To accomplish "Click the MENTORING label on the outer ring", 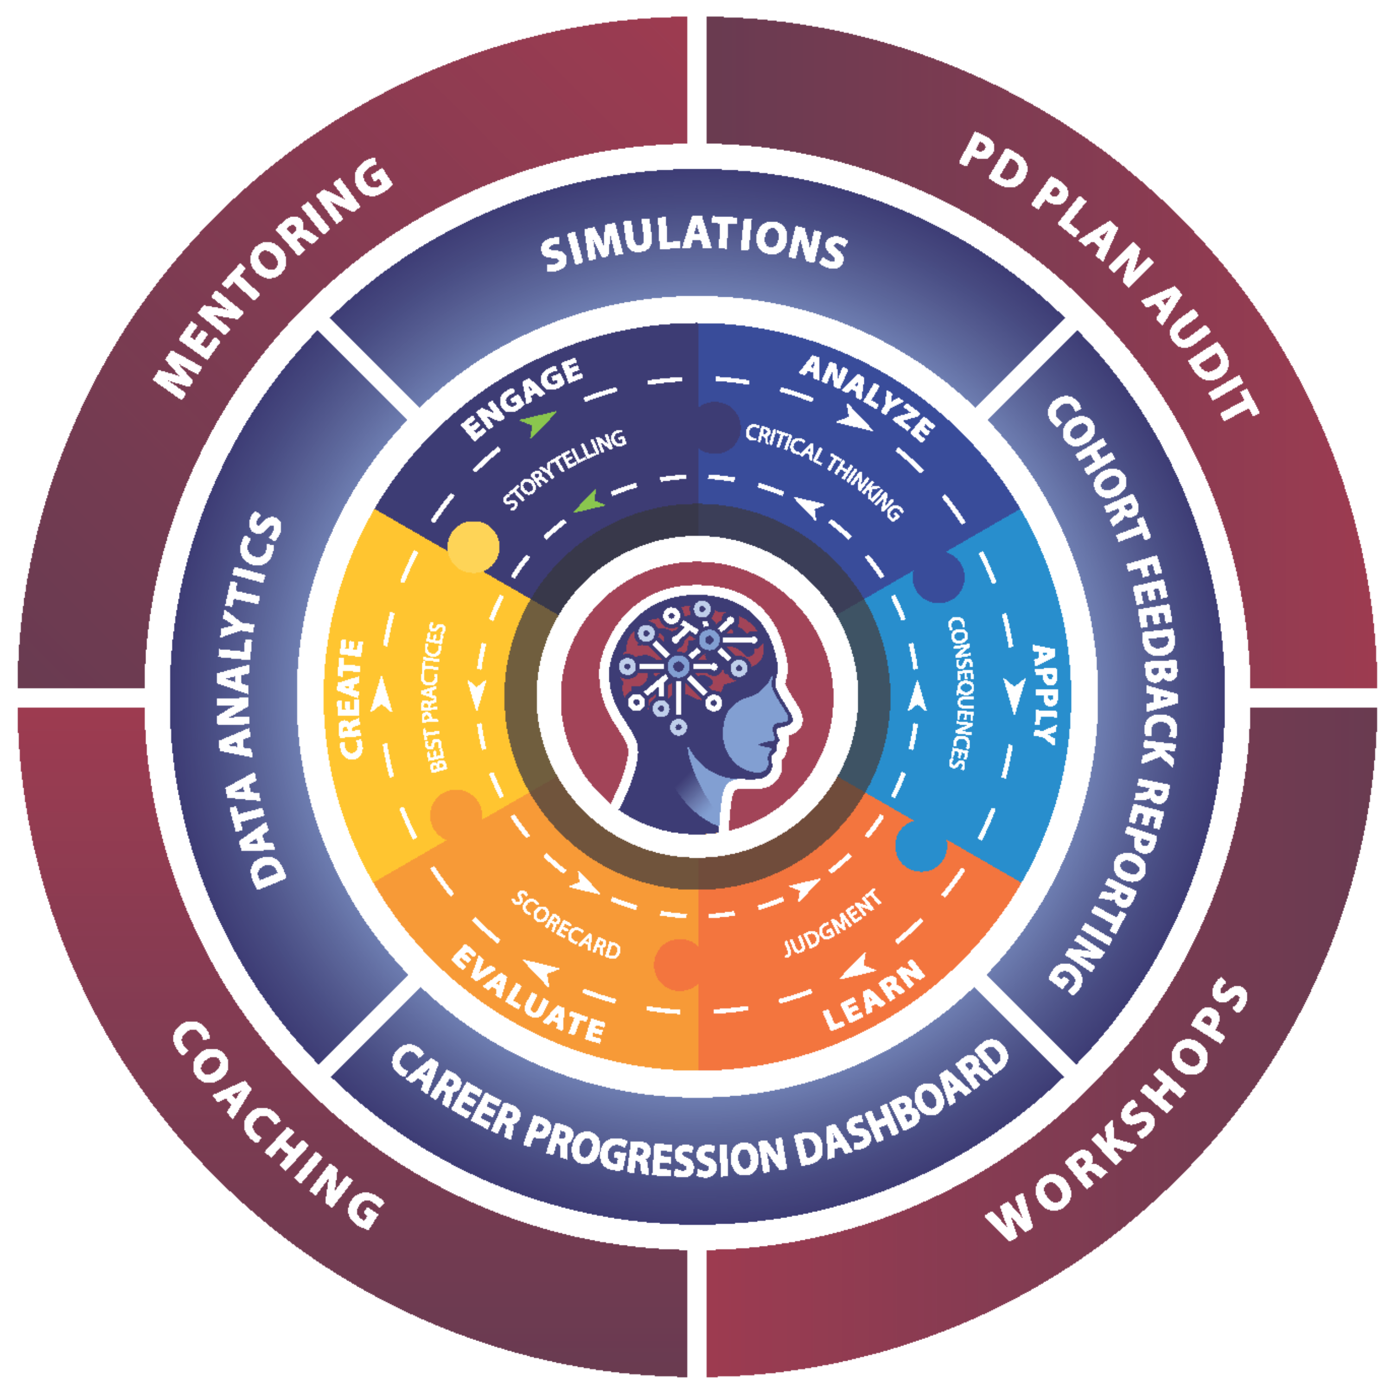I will pyautogui.click(x=274, y=277).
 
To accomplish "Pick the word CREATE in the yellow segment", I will pyautogui.click(x=351, y=698).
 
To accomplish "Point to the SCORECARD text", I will pyautogui.click(x=566, y=925).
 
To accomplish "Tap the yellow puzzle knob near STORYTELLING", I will pyautogui.click(x=473, y=546).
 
